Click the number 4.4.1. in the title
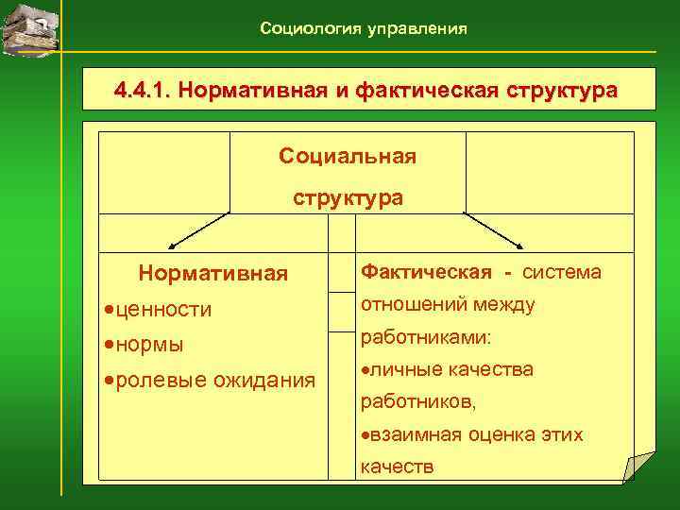(x=142, y=92)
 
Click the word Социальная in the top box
(x=348, y=156)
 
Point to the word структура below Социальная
(x=348, y=198)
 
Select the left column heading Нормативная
(x=212, y=274)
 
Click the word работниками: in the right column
(x=418, y=337)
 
